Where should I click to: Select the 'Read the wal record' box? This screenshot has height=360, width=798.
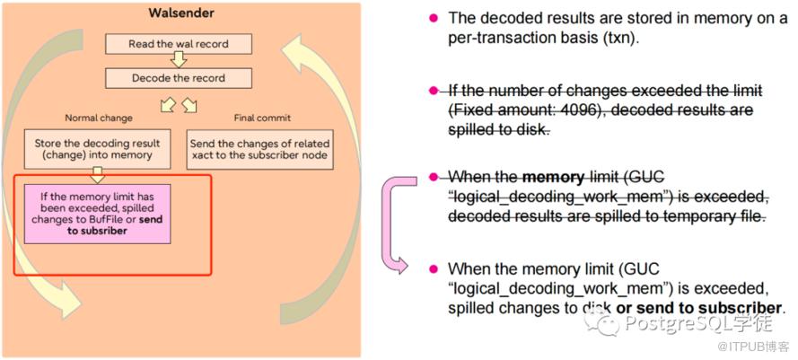pos(179,43)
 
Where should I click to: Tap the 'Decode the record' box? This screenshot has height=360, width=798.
pos(179,77)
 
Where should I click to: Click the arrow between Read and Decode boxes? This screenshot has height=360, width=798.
pos(179,60)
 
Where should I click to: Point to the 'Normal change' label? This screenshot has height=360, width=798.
pos(99,118)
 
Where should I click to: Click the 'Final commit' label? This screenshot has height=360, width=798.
pos(261,118)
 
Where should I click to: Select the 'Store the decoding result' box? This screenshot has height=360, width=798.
pos(98,150)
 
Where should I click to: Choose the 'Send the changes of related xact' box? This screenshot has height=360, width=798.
pos(259,150)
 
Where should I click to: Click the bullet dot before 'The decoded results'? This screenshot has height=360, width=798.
pos(433,18)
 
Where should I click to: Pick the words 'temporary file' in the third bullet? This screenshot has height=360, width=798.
pos(715,216)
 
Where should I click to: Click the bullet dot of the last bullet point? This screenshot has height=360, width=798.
pos(433,268)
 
